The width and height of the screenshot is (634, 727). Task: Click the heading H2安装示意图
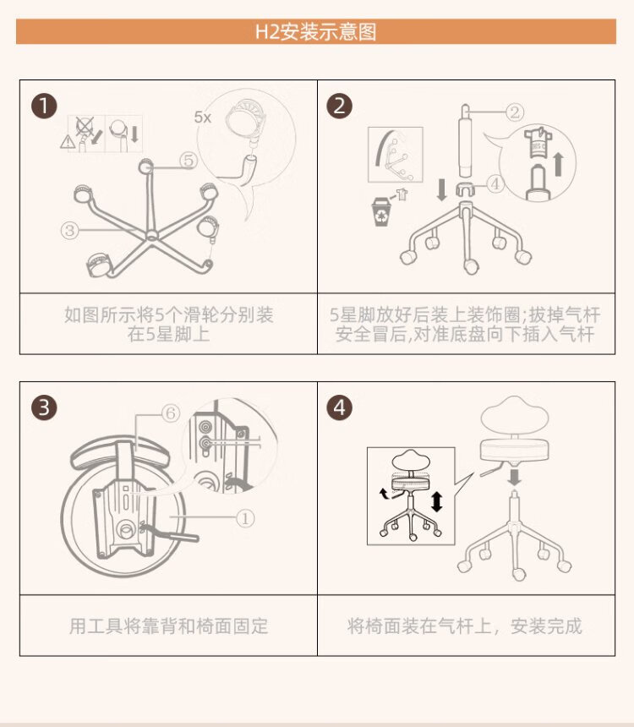[316, 32]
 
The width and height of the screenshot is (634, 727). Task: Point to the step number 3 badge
[44, 407]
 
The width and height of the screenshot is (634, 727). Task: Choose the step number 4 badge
[340, 407]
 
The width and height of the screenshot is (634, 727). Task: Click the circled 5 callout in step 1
[188, 159]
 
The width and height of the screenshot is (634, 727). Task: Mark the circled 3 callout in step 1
[71, 228]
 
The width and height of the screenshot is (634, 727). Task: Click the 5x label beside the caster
[202, 118]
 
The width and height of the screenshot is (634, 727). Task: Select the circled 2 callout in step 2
[516, 111]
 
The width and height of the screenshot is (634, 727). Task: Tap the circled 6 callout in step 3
[170, 413]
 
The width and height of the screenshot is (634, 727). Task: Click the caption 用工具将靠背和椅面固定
[168, 626]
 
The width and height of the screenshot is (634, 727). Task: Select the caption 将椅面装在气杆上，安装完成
[464, 626]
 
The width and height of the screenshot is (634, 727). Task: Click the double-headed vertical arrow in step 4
[436, 501]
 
